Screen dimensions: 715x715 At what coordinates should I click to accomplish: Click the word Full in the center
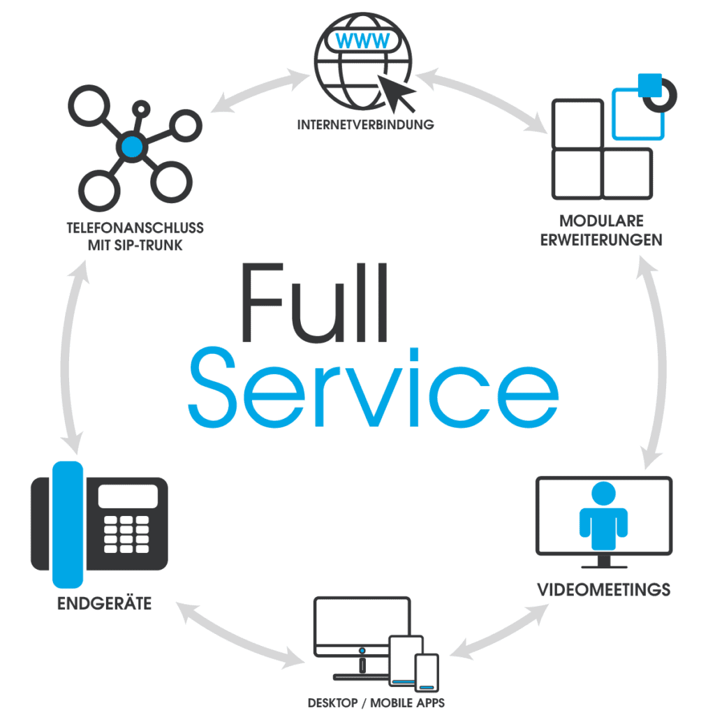point(315,302)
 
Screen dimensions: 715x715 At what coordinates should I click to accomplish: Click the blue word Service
point(374,388)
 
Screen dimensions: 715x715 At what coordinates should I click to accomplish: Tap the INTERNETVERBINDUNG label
point(365,124)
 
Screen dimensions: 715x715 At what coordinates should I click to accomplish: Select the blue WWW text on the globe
point(362,40)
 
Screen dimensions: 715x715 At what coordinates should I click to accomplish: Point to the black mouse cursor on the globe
point(396,93)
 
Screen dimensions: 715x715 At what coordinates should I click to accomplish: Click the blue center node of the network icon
point(132,147)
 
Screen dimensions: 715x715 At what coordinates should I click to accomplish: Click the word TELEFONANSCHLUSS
point(135,228)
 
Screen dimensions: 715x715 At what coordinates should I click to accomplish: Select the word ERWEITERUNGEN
point(601,240)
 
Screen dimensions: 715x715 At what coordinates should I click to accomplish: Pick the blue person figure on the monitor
point(603,515)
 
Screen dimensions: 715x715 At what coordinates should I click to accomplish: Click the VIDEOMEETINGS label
point(603,589)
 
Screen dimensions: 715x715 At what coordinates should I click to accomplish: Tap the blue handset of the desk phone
point(68,524)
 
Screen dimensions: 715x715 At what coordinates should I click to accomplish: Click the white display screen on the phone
point(128,496)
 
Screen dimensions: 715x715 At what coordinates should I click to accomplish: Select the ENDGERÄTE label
point(105,603)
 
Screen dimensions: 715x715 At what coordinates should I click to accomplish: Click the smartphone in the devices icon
point(427,672)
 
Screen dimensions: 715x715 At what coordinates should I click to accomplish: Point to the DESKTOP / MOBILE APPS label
point(376,702)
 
